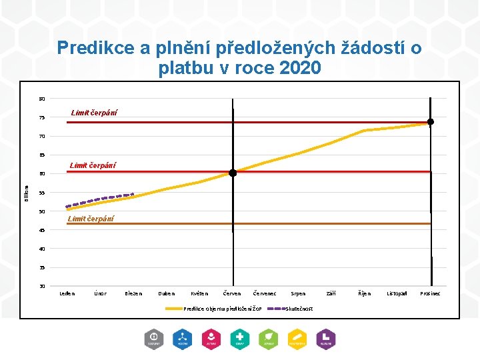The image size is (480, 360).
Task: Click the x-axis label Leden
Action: point(67,293)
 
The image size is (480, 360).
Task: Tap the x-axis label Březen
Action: point(133,293)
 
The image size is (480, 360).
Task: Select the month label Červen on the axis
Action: point(232,293)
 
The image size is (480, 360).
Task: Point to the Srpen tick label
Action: point(298,293)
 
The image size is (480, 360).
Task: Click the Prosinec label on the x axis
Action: point(430,293)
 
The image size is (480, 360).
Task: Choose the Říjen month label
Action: point(364,293)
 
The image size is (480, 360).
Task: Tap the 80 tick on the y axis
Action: point(42,99)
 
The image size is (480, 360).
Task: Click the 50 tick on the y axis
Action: point(42,211)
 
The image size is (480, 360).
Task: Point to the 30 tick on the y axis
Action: point(42,286)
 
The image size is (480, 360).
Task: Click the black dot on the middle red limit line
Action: point(233,173)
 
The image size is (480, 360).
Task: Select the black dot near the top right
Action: point(431,121)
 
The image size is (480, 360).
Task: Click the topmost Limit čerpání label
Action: point(94,113)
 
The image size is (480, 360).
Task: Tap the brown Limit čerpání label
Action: point(91,219)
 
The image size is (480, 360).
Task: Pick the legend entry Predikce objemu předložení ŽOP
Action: point(223,309)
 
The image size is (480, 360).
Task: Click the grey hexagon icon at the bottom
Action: point(154,339)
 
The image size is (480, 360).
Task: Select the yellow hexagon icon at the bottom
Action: point(297,339)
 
